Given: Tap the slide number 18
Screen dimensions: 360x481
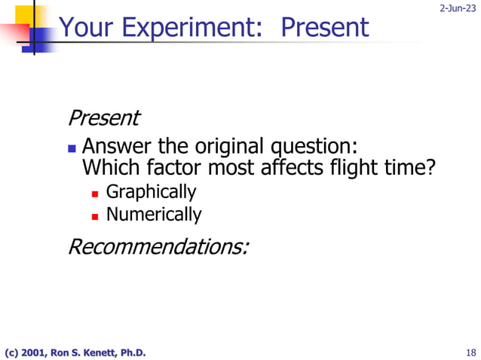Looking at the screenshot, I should click(470, 352).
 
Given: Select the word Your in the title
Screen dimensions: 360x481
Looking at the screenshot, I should click(81, 28).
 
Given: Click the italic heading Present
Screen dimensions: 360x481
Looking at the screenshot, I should click(103, 118).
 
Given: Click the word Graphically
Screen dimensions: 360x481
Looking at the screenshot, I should click(151, 192).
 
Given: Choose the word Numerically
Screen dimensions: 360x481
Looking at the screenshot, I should click(154, 215).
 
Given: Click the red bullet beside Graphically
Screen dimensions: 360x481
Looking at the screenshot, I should click(95, 194).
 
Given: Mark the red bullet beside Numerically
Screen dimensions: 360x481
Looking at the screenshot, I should click(95, 216).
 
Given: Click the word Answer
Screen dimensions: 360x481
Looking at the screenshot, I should click(116, 145).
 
